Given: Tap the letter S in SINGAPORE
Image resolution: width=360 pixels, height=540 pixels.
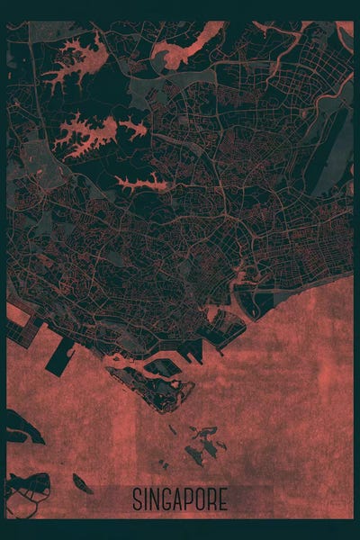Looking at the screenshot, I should pos(137,499).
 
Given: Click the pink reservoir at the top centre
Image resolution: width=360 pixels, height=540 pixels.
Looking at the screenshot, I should pos(184,49).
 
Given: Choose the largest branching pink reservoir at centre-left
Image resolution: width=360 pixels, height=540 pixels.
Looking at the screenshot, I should pos(94,132).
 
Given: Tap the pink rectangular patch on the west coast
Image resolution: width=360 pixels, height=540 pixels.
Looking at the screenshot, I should pos(16,315).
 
